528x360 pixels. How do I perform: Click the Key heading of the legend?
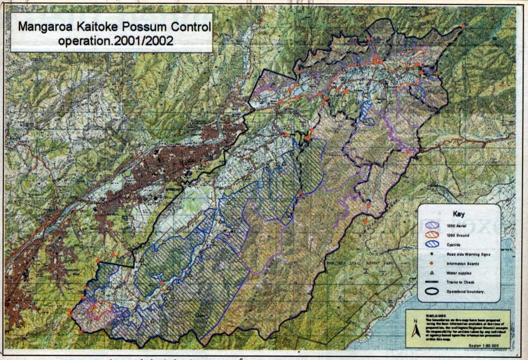(x=458, y=214)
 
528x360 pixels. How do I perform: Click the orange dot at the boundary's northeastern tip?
(x=464, y=26)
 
